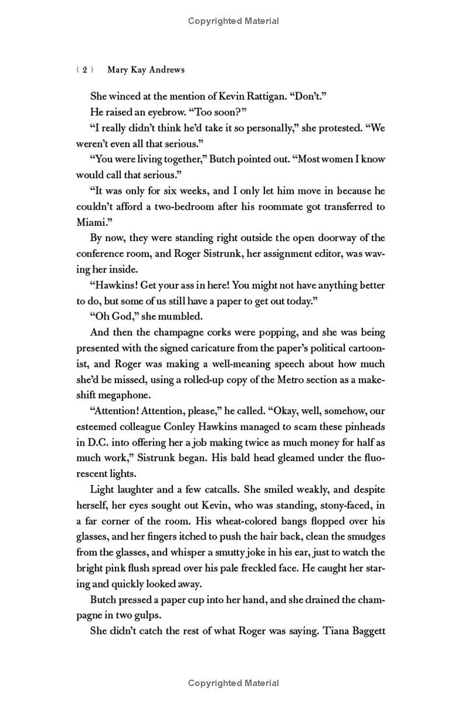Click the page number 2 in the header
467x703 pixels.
pyautogui.click(x=85, y=69)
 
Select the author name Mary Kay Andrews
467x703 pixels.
pyautogui.click(x=146, y=69)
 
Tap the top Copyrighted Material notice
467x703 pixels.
pyautogui.click(x=233, y=21)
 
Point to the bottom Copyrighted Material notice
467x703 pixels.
pyautogui.click(x=233, y=683)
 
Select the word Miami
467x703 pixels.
pyautogui.click(x=90, y=222)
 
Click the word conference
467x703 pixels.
pyautogui.click(x=100, y=253)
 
